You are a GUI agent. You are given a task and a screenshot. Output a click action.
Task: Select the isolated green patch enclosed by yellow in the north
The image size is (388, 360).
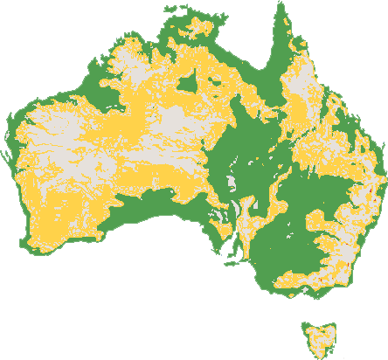click(187, 84)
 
